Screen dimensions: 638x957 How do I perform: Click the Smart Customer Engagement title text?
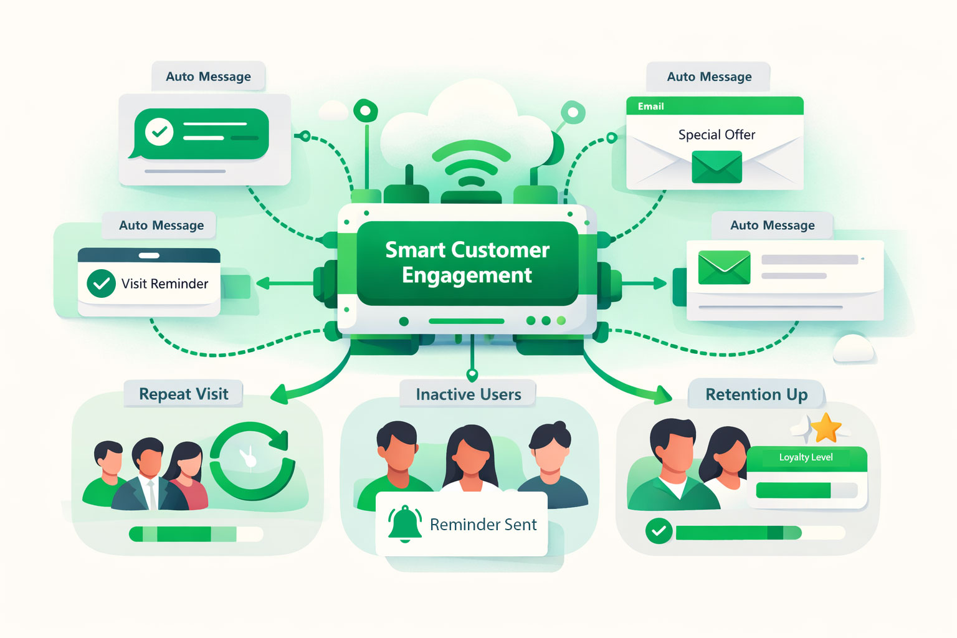click(467, 262)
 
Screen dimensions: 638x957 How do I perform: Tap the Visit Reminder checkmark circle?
click(101, 284)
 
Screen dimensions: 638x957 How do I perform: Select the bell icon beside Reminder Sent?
click(405, 523)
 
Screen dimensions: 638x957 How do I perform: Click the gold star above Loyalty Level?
click(827, 428)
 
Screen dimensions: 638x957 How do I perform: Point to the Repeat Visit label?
click(183, 394)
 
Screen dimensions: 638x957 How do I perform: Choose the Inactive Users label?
click(468, 394)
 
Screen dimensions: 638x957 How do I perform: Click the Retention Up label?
click(756, 394)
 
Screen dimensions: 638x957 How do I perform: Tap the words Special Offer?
click(717, 135)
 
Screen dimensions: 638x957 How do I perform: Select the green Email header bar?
click(715, 106)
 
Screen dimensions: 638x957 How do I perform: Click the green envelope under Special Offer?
click(717, 168)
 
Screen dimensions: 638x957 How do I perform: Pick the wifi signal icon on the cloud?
click(471, 165)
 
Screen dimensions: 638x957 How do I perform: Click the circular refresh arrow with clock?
click(252, 461)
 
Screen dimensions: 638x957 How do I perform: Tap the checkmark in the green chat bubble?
click(159, 132)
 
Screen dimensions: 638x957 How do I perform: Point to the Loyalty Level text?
click(806, 457)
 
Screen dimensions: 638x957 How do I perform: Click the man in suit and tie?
click(150, 477)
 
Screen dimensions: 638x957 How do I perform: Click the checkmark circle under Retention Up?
click(659, 531)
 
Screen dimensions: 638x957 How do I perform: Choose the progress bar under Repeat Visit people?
click(196, 534)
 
